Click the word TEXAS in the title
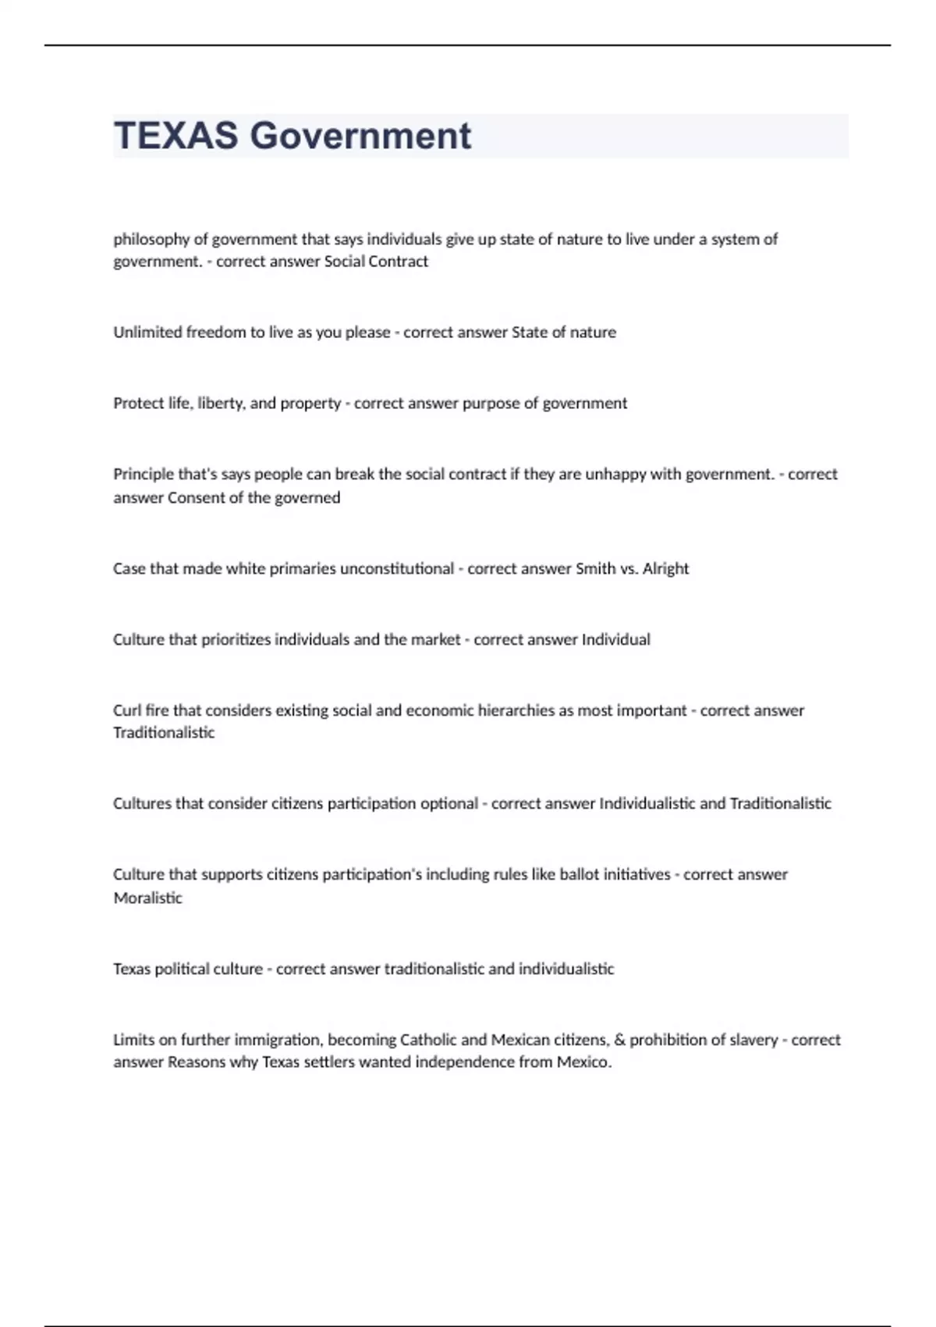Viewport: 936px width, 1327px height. click(x=175, y=136)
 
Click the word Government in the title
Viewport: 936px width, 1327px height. click(x=360, y=136)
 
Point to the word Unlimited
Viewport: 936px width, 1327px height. click(x=147, y=333)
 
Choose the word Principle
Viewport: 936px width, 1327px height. click(x=143, y=475)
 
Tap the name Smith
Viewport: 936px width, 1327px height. click(x=595, y=569)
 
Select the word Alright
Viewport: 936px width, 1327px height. click(x=665, y=569)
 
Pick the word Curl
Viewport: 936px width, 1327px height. click(x=126, y=711)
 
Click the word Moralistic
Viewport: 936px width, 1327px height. click(x=147, y=898)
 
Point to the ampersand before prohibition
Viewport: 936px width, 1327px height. click(x=620, y=1041)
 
